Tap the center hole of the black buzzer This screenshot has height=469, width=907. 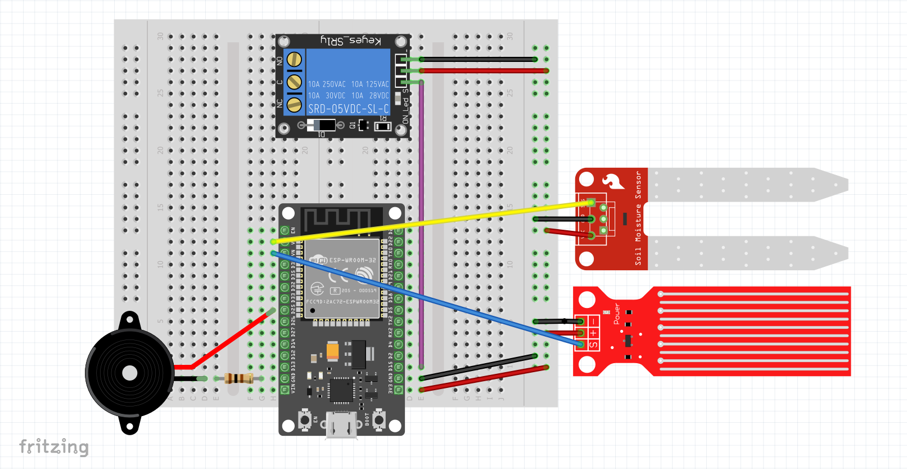pyautogui.click(x=129, y=373)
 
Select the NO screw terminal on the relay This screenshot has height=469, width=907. pyautogui.click(x=294, y=60)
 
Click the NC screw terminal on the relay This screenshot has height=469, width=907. pyautogui.click(x=294, y=104)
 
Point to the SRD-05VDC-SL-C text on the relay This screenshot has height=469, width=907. pyautogui.click(x=348, y=109)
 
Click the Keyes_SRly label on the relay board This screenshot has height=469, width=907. pyautogui.click(x=350, y=41)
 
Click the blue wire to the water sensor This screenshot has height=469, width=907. pyautogui.click(x=427, y=298)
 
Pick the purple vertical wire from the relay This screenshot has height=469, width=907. pyautogui.click(x=421, y=225)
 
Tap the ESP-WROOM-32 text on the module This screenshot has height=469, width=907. pyautogui.click(x=353, y=260)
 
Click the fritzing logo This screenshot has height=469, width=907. pyautogui.click(x=54, y=446)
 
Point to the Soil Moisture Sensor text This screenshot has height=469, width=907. pyautogui.click(x=638, y=218)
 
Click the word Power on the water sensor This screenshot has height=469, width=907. pyautogui.click(x=617, y=314)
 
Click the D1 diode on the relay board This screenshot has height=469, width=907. pyautogui.click(x=321, y=125)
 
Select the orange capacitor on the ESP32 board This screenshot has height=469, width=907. pyautogui.click(x=332, y=351)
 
